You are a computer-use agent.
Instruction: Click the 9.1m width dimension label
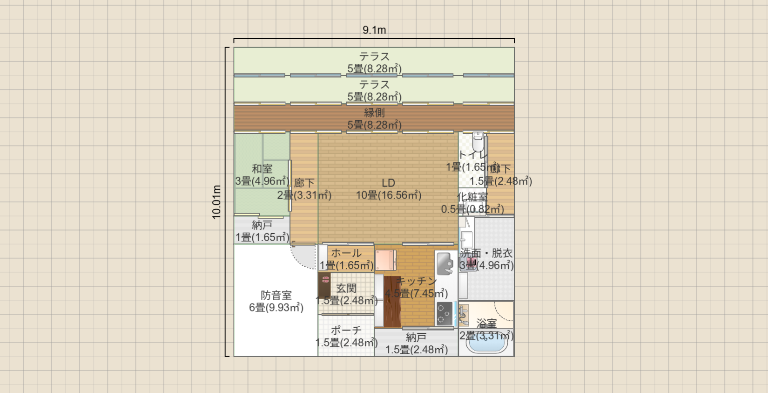[x=374, y=30]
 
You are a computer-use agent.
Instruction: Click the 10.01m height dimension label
[x=216, y=202]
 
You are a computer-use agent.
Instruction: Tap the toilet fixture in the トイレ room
[x=478, y=140]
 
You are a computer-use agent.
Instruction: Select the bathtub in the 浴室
[x=486, y=345]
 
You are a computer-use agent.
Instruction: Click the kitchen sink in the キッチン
[x=445, y=264]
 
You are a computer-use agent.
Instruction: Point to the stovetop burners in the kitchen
[x=444, y=313]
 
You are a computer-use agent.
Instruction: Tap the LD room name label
[x=388, y=183]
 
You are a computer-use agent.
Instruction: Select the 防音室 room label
[x=276, y=295]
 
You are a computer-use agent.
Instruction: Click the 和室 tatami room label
[x=262, y=169]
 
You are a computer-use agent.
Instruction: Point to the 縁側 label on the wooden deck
[x=374, y=113]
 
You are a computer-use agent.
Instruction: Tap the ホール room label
[x=346, y=253]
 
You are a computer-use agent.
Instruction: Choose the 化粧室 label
[x=472, y=197]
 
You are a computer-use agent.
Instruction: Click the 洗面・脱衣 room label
[x=486, y=253]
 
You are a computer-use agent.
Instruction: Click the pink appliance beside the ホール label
[x=385, y=260]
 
